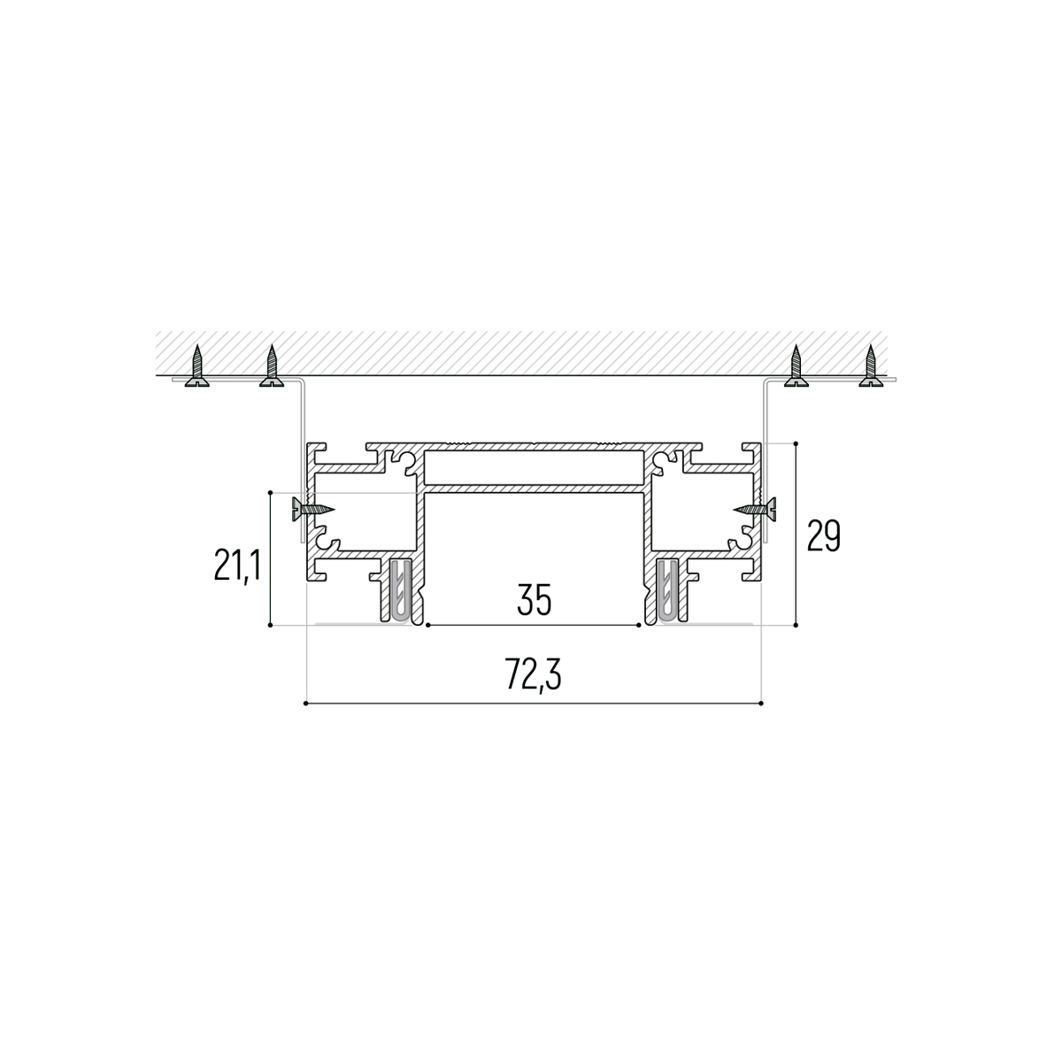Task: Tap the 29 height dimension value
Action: coord(823,535)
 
